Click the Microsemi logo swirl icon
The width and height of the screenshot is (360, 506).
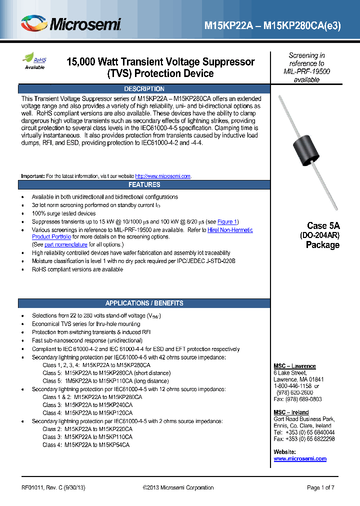(x=34, y=23)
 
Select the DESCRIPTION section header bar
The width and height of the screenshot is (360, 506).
(x=144, y=89)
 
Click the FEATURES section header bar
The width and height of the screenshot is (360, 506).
(x=144, y=184)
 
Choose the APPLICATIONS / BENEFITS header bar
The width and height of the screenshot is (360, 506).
(x=144, y=303)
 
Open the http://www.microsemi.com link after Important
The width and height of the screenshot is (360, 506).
(x=163, y=176)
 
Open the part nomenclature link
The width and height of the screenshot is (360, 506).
(x=66, y=244)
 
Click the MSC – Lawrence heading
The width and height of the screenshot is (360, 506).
(x=294, y=366)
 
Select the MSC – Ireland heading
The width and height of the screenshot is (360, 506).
(x=291, y=412)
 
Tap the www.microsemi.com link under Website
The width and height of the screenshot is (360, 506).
(x=300, y=458)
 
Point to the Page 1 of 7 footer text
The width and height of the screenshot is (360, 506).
(x=320, y=487)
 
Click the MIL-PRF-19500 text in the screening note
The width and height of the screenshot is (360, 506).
(x=306, y=71)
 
